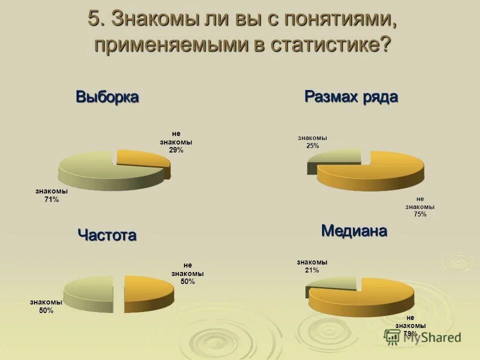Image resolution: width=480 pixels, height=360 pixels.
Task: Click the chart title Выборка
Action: click(x=107, y=96)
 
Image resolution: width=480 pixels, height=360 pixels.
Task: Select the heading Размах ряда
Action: click(x=351, y=96)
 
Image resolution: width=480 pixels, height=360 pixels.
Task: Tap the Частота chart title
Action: click(x=107, y=234)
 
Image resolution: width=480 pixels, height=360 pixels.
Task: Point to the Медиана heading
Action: click(x=354, y=230)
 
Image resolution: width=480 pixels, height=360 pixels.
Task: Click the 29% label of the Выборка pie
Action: click(x=176, y=150)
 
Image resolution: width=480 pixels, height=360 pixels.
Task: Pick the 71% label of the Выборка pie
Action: click(x=51, y=199)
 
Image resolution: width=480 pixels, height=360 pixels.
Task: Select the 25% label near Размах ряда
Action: click(x=312, y=145)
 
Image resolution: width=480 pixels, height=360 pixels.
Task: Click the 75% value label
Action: click(x=420, y=214)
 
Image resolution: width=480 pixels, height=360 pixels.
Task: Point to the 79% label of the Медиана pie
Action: click(x=410, y=333)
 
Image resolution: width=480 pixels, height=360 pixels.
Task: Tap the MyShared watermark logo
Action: click(x=422, y=337)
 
